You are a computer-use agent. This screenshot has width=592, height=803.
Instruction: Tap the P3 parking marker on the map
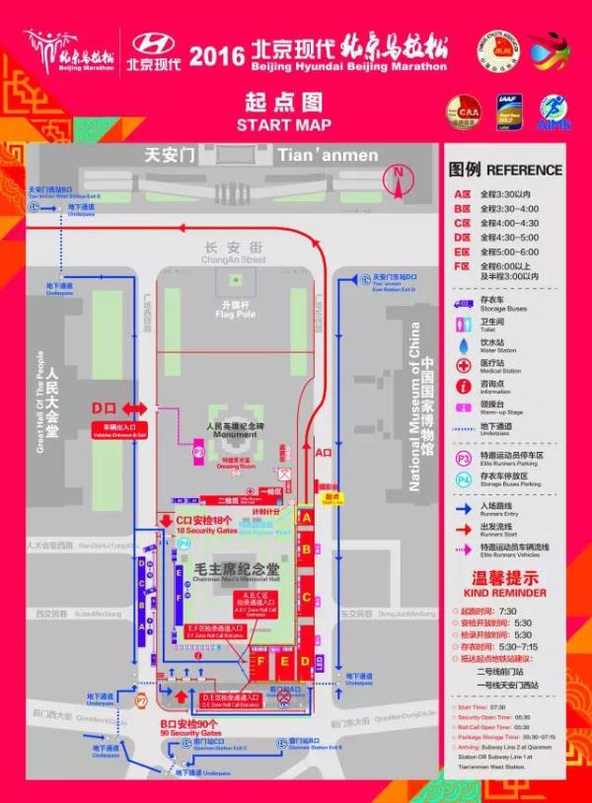tap(198, 452)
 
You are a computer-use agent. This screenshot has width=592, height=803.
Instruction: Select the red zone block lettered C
tap(307, 596)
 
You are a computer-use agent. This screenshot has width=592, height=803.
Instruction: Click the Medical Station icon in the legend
tap(462, 364)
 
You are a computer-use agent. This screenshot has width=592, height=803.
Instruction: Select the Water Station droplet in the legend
tap(462, 343)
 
